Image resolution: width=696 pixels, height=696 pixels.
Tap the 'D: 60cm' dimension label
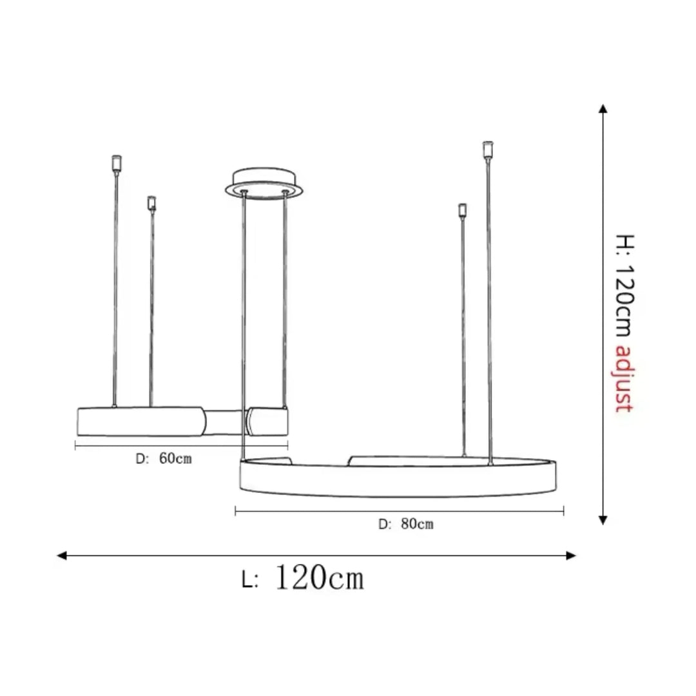164,459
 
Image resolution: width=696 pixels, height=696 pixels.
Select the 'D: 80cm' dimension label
406,524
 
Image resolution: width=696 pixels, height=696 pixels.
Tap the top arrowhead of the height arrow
603,109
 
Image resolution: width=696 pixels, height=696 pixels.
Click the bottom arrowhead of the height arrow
603,520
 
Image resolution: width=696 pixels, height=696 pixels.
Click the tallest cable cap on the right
488,149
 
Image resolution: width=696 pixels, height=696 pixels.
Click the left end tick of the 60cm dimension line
76,445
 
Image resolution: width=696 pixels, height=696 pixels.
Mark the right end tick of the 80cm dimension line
564,511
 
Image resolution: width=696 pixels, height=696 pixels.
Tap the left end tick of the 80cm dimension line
236,511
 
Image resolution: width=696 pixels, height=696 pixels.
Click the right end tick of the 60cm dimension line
287,445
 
